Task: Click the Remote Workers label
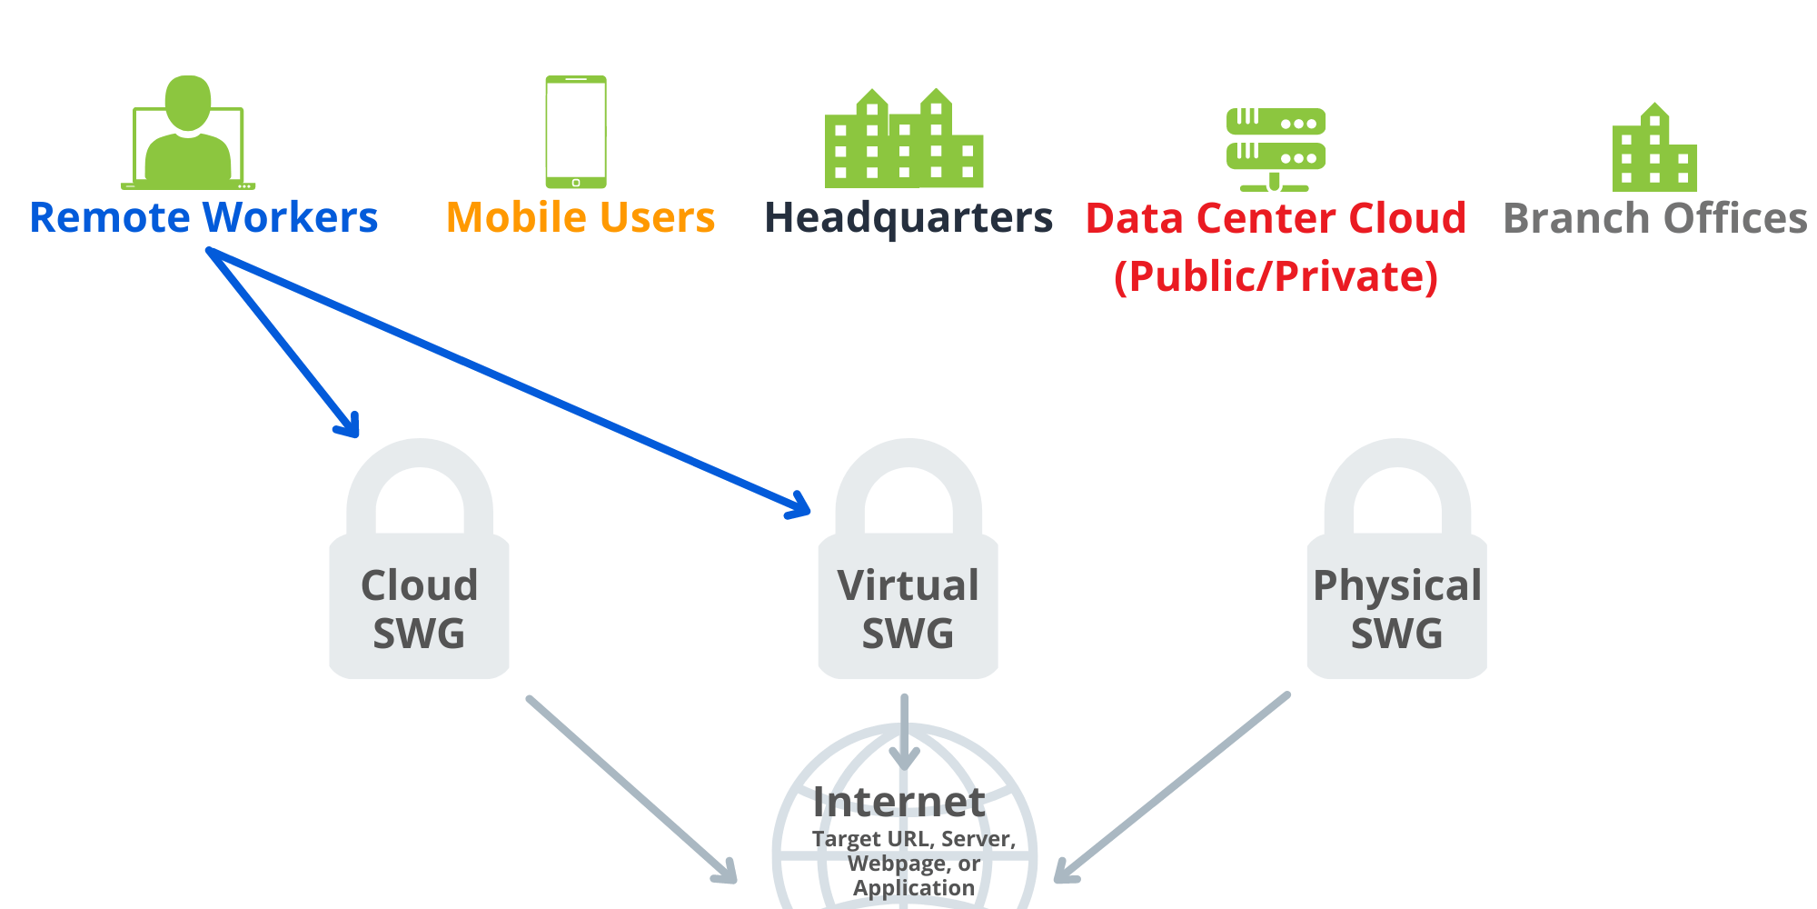pos(204,218)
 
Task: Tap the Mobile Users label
pos(581,218)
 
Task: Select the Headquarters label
pos(908,218)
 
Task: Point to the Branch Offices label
pos(1655,218)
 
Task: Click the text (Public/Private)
pos(1276,276)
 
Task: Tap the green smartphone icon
pos(576,132)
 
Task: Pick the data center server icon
pos(1276,149)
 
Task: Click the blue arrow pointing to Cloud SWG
pos(283,344)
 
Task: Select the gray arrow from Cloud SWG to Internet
pos(631,789)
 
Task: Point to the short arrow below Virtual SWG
pos(904,733)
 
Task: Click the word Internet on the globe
pos(899,802)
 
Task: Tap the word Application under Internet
pos(914,888)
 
